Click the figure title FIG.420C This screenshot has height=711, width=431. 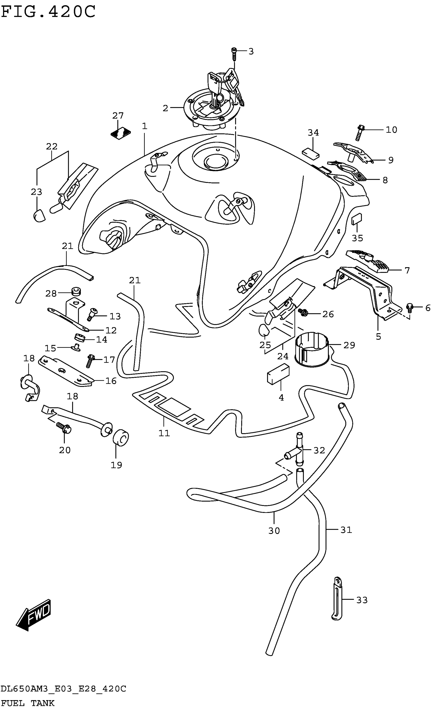[x=48, y=12]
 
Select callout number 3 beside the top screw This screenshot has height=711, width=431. [x=251, y=52]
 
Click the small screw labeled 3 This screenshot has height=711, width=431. [x=234, y=54]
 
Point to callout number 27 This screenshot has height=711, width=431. [x=118, y=116]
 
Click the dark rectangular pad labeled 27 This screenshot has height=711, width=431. [x=121, y=132]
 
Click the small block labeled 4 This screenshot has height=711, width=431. [x=278, y=375]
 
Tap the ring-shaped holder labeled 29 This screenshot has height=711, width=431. [x=312, y=350]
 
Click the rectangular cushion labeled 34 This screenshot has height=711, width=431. [x=311, y=153]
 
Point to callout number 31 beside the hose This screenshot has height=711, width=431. [x=346, y=530]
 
